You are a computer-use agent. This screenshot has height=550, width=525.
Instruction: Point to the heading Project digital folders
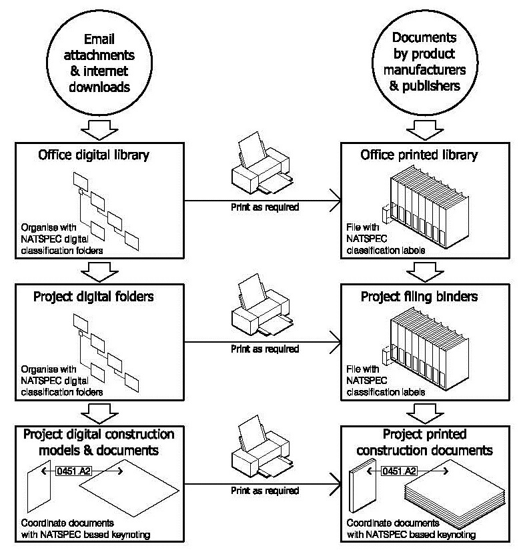click(x=93, y=297)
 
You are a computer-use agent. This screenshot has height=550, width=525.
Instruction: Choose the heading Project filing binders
click(x=419, y=297)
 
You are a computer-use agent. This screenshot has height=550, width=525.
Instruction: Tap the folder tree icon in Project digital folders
click(x=105, y=349)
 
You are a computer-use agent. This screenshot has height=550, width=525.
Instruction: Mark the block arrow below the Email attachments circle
click(x=100, y=127)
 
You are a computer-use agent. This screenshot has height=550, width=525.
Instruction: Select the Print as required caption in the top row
click(x=264, y=207)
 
